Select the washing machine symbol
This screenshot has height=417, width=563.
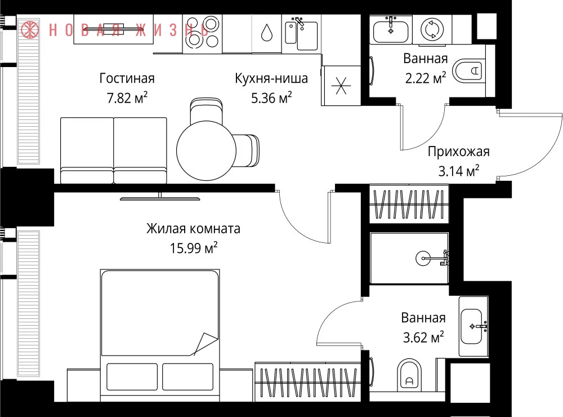(x=432, y=29)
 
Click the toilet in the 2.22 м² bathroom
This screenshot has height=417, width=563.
(x=467, y=70)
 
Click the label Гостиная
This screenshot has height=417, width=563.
(x=127, y=78)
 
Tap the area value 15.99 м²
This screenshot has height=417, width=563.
(x=194, y=248)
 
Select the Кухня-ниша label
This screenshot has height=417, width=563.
(x=271, y=78)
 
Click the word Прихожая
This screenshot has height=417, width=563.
(x=458, y=152)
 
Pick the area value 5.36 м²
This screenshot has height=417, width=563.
(x=271, y=97)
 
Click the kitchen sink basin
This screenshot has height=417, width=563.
(x=307, y=36)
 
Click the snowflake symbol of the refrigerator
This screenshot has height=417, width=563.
(x=341, y=86)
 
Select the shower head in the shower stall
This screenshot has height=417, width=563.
(x=423, y=258)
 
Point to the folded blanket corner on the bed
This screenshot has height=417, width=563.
(x=205, y=344)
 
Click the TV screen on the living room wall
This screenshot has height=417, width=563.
(x=160, y=198)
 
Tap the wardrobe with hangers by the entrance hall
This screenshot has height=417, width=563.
(x=409, y=204)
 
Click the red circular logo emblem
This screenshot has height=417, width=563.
(x=29, y=29)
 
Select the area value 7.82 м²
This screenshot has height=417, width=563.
(x=127, y=98)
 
